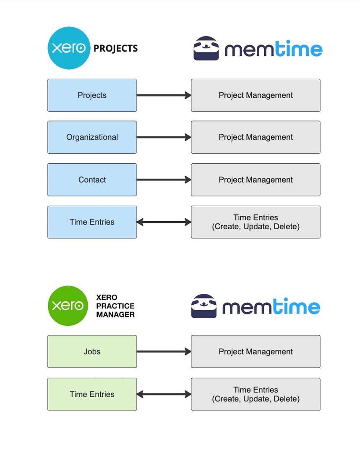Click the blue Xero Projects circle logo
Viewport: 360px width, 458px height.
coord(69,48)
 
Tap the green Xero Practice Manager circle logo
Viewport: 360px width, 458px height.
coord(68,306)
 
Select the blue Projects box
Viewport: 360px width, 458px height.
coord(92,95)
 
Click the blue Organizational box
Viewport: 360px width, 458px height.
coord(92,137)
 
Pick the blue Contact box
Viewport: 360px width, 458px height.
coord(92,180)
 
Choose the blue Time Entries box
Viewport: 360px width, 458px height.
coord(92,222)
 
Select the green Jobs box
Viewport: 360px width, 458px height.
coord(92,352)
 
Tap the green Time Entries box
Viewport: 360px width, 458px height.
coord(92,394)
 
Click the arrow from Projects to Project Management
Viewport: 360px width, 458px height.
coord(164,95)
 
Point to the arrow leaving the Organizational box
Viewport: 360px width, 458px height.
coord(164,137)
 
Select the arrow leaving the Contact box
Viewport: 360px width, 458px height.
coord(164,180)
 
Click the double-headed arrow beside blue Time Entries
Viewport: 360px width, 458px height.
coord(164,222)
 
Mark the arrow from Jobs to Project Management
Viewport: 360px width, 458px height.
coord(164,352)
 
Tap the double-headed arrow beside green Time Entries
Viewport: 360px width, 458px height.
coord(164,394)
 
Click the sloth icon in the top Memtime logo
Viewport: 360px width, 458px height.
coord(206,49)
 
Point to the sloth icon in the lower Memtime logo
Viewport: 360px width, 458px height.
coord(204,306)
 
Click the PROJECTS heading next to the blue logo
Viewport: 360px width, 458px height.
coord(115,49)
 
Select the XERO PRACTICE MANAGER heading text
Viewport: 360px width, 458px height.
coord(115,306)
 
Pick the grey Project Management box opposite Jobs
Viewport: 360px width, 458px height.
coord(256,352)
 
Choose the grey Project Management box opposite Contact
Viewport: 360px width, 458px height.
coord(256,180)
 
